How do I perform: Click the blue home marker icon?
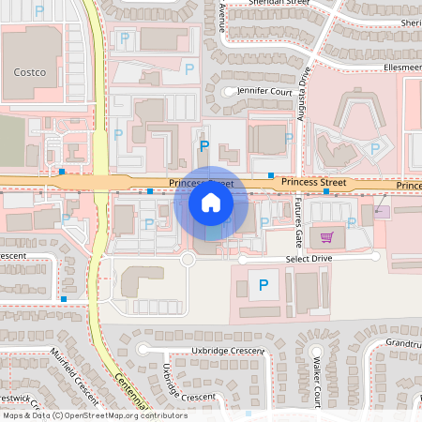click(x=210, y=203)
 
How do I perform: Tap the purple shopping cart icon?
click(x=327, y=237)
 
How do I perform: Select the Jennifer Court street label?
click(x=264, y=92)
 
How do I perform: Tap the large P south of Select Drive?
click(x=264, y=284)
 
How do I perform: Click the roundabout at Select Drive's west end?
click(x=188, y=258)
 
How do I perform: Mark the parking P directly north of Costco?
click(x=38, y=10)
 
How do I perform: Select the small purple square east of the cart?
click(x=382, y=212)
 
